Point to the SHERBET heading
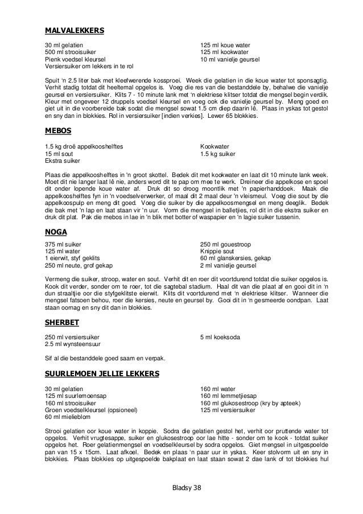click(62, 323)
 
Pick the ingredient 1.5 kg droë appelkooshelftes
click(84, 147)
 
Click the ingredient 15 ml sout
click(59, 154)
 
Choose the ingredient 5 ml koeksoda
click(218, 337)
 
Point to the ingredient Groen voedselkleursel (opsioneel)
click(90, 410)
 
